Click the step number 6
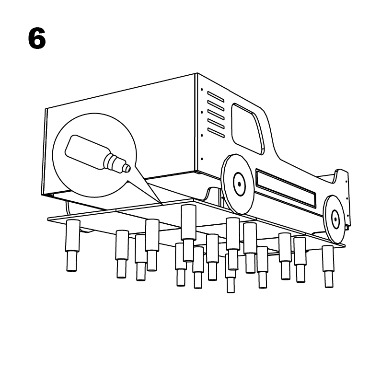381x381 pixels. (37, 38)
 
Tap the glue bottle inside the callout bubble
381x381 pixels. (97, 154)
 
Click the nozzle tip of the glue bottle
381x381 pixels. (127, 168)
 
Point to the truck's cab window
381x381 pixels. (248, 129)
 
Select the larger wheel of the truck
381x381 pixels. (238, 184)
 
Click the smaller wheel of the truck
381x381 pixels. (335, 219)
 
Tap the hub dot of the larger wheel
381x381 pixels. (239, 184)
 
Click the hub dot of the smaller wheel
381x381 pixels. (335, 219)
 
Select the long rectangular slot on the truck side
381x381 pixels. (286, 188)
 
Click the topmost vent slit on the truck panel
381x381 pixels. (216, 97)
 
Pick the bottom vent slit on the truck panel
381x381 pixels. (216, 133)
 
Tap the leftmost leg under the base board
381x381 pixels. (72, 245)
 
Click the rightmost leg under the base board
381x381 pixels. (328, 266)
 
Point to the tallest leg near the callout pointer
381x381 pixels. (188, 233)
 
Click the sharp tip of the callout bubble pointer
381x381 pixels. (162, 205)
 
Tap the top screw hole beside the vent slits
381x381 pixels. (202, 90)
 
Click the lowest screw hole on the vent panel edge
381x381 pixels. (202, 159)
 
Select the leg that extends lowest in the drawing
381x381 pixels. (231, 274)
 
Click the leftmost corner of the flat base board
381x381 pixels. (48, 219)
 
